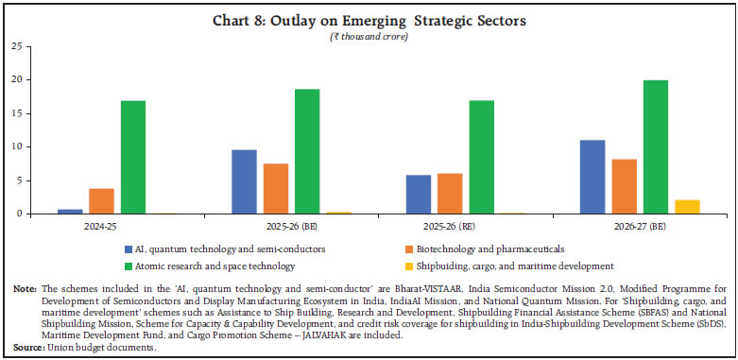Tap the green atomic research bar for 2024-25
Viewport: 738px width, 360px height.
tap(134, 157)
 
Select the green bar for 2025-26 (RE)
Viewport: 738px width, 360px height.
tap(481, 157)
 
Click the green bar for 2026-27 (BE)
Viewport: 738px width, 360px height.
tap(655, 146)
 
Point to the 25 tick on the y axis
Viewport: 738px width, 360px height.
tap(16, 46)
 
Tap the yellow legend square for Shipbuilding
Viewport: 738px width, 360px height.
tap(403, 266)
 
